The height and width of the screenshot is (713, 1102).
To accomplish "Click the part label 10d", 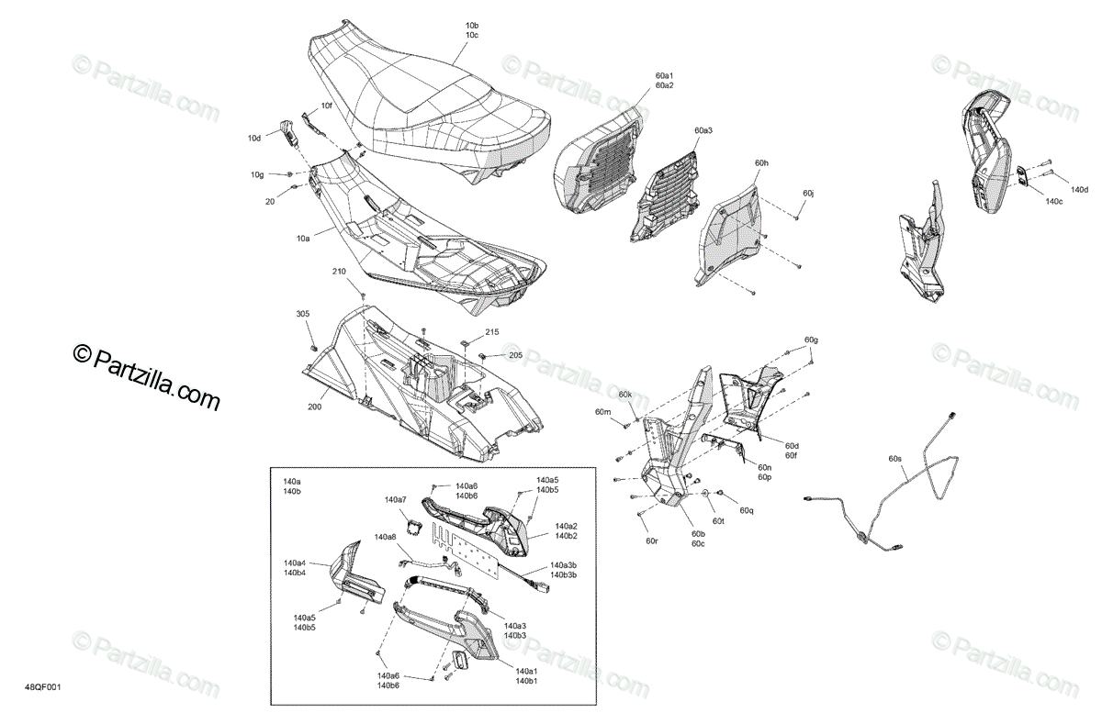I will point(254,139).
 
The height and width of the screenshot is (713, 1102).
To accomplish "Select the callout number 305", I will point(303,315).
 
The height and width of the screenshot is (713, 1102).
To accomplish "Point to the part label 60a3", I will point(703,131).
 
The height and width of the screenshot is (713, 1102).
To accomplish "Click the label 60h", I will point(761,162).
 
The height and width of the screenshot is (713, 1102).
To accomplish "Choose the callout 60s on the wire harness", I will point(895,458).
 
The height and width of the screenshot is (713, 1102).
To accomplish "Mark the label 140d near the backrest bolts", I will point(1080,190).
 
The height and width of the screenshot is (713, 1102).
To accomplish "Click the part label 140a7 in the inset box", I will point(395,500).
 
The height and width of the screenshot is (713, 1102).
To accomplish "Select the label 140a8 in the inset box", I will point(385,537).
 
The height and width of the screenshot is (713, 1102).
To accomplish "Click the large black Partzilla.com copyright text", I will point(147,378).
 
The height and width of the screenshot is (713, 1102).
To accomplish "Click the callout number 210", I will point(339,273).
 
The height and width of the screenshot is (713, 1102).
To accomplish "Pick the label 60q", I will point(746,510).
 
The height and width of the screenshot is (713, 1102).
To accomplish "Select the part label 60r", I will point(652,540).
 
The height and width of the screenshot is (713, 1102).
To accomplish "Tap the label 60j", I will point(808,194).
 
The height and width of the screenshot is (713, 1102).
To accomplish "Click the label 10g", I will point(257,173).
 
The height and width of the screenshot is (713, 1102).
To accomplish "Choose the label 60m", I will point(602,412).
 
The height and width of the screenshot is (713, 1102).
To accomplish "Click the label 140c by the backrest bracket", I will point(1054,201).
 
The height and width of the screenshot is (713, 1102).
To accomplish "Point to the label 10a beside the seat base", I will point(302,239).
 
